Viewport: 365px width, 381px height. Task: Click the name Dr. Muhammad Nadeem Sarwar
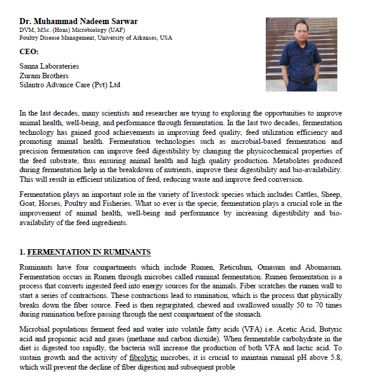79,22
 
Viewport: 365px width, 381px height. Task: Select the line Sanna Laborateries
49,66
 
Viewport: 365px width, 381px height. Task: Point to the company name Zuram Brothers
44,76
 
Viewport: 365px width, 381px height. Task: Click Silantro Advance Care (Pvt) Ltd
70,85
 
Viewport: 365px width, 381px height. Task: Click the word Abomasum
323,267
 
